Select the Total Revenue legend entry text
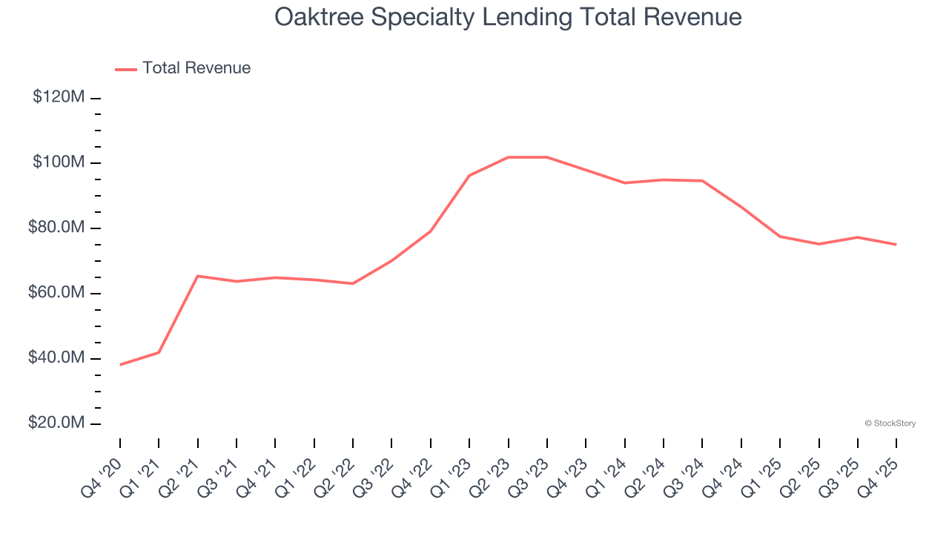click(x=196, y=68)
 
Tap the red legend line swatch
click(x=126, y=69)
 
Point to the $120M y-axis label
click(x=59, y=97)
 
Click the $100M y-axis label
click(x=59, y=162)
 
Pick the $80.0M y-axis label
click(x=56, y=228)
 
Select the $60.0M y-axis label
click(x=56, y=293)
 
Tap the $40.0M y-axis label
click(x=56, y=358)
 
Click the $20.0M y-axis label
click(x=56, y=423)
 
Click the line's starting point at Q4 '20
click(x=120, y=364)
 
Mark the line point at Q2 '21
click(x=198, y=276)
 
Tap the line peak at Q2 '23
click(x=509, y=157)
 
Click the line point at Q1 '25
click(x=780, y=236)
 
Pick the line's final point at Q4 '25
click(x=896, y=244)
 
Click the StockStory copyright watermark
click(x=890, y=423)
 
